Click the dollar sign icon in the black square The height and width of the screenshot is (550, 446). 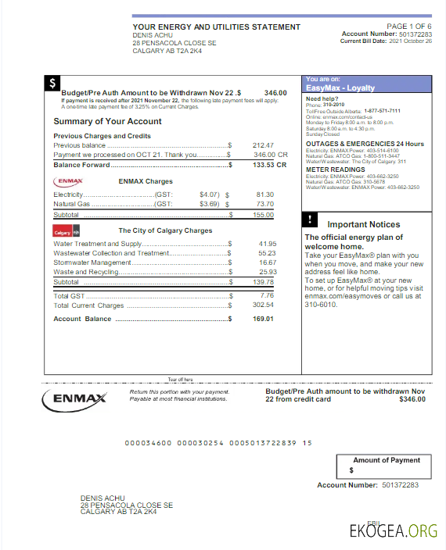52,83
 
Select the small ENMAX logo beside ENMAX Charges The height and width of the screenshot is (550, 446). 67,180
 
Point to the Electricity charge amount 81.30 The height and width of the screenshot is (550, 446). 264,194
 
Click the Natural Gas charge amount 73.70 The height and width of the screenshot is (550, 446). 264,204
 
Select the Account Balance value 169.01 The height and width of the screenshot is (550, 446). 262,319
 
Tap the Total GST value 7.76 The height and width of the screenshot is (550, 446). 267,296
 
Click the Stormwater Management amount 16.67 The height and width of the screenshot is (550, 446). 267,262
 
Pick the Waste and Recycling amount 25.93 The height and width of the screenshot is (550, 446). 267,272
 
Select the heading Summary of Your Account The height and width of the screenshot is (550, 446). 107,122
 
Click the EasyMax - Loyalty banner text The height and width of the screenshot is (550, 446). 340,88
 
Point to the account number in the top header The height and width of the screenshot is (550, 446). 414,34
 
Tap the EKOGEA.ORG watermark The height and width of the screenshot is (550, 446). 394,530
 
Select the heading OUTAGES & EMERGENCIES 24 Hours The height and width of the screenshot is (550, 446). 365,144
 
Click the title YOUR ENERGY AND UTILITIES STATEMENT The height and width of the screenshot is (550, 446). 216,27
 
